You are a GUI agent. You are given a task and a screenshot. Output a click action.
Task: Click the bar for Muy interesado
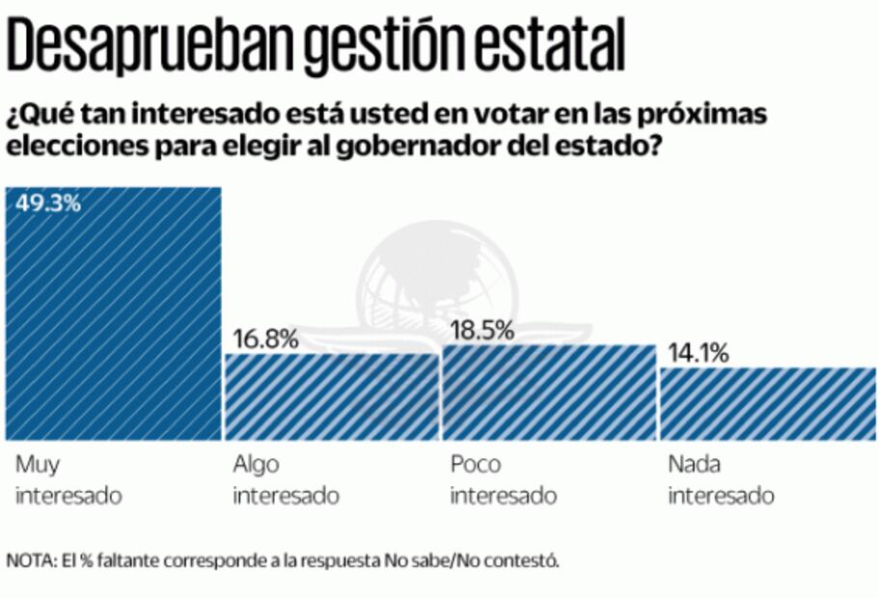click(114, 313)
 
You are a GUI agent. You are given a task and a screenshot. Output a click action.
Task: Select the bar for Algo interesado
click(331, 396)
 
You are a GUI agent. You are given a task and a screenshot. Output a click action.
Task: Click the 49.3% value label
click(46, 204)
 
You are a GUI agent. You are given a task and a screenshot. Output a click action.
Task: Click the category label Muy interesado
click(69, 480)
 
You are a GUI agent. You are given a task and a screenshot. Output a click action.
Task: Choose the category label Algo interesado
click(287, 480)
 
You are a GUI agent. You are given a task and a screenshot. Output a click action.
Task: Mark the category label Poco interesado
click(504, 480)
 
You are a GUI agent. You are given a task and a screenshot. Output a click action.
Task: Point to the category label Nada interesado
click(721, 480)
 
